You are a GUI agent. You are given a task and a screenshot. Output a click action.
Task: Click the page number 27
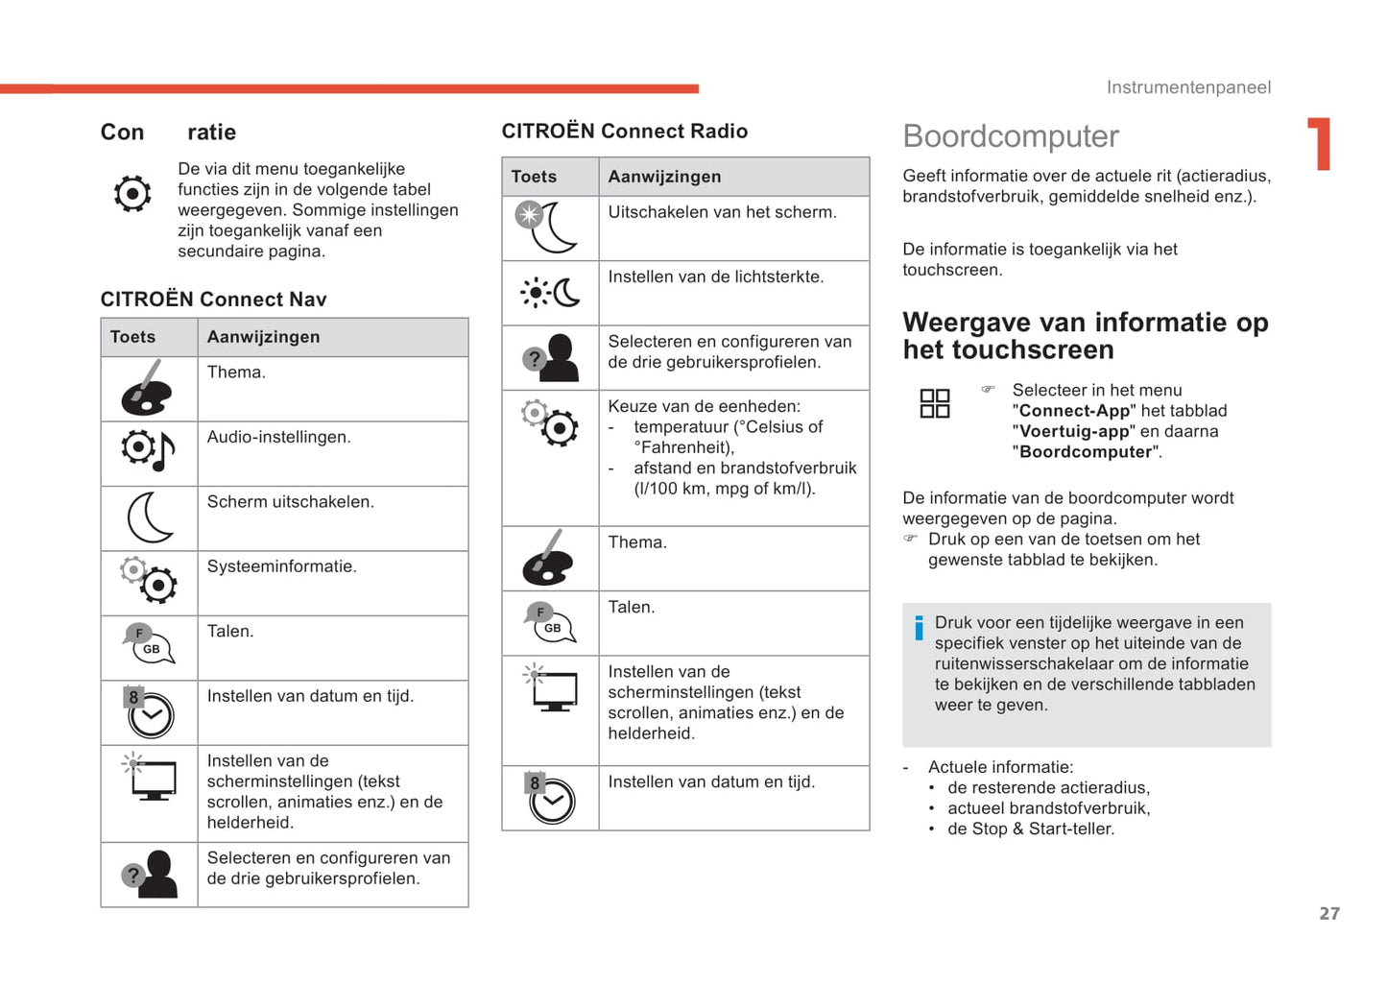pyautogui.click(x=1328, y=914)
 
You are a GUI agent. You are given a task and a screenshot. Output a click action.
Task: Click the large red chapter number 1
pyautogui.click(x=1321, y=144)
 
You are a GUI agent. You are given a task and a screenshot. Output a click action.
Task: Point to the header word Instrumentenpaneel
pyautogui.click(x=1188, y=87)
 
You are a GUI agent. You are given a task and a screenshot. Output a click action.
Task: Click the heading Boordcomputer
pyautogui.click(x=1011, y=136)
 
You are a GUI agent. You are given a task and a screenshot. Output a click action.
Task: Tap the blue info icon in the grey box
pyautogui.click(x=919, y=628)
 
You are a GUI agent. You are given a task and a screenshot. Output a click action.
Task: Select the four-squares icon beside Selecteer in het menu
pyautogui.click(x=935, y=403)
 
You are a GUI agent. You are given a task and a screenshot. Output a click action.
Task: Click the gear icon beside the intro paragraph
pyautogui.click(x=132, y=194)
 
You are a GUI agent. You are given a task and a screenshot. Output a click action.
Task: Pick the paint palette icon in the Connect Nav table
pyautogui.click(x=147, y=389)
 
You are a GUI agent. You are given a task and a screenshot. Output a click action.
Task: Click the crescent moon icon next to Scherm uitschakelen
pyautogui.click(x=150, y=517)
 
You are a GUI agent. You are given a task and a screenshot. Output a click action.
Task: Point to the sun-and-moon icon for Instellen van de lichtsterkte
pyautogui.click(x=550, y=292)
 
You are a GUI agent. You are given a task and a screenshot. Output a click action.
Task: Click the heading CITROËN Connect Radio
pyautogui.click(x=624, y=132)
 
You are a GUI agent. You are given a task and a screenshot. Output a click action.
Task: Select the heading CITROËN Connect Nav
pyautogui.click(x=213, y=300)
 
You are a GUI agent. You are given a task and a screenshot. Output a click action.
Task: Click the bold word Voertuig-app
pyautogui.click(x=1074, y=431)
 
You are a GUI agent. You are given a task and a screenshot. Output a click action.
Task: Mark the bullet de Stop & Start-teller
pyautogui.click(x=1030, y=829)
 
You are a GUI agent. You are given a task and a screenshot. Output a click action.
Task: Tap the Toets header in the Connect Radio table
pyautogui.click(x=534, y=177)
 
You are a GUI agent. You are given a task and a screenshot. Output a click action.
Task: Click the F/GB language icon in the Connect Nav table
pyautogui.click(x=149, y=644)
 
